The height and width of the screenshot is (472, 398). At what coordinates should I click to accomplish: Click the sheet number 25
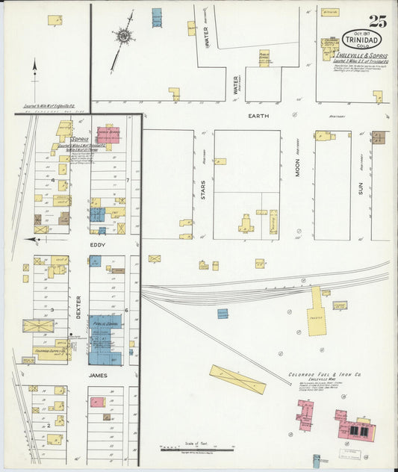tap(377, 20)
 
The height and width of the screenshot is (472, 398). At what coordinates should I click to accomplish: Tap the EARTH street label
tap(259, 117)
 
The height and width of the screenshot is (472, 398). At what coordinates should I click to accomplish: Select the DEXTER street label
tap(78, 306)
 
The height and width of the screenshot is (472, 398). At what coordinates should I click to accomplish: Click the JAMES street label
tap(98, 376)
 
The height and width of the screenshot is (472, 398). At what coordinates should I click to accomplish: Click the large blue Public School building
tap(106, 341)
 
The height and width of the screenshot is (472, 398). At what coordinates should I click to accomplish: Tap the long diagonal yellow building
tap(237, 380)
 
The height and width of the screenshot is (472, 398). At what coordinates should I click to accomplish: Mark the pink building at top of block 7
tap(109, 134)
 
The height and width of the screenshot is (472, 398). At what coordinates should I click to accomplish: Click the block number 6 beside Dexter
tap(128, 310)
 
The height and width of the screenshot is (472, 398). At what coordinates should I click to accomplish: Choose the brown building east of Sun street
tap(379, 137)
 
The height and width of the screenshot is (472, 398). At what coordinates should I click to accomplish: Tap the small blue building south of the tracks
tap(223, 314)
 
